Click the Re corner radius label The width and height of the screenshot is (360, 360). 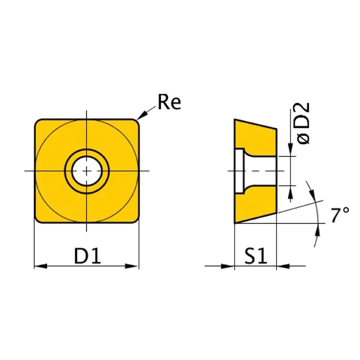point(169,103)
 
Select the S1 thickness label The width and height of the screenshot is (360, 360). point(256,256)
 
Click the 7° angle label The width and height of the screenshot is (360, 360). point(339,216)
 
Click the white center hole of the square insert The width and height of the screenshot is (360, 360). point(87,171)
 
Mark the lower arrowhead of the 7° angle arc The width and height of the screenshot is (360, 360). point(319,230)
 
